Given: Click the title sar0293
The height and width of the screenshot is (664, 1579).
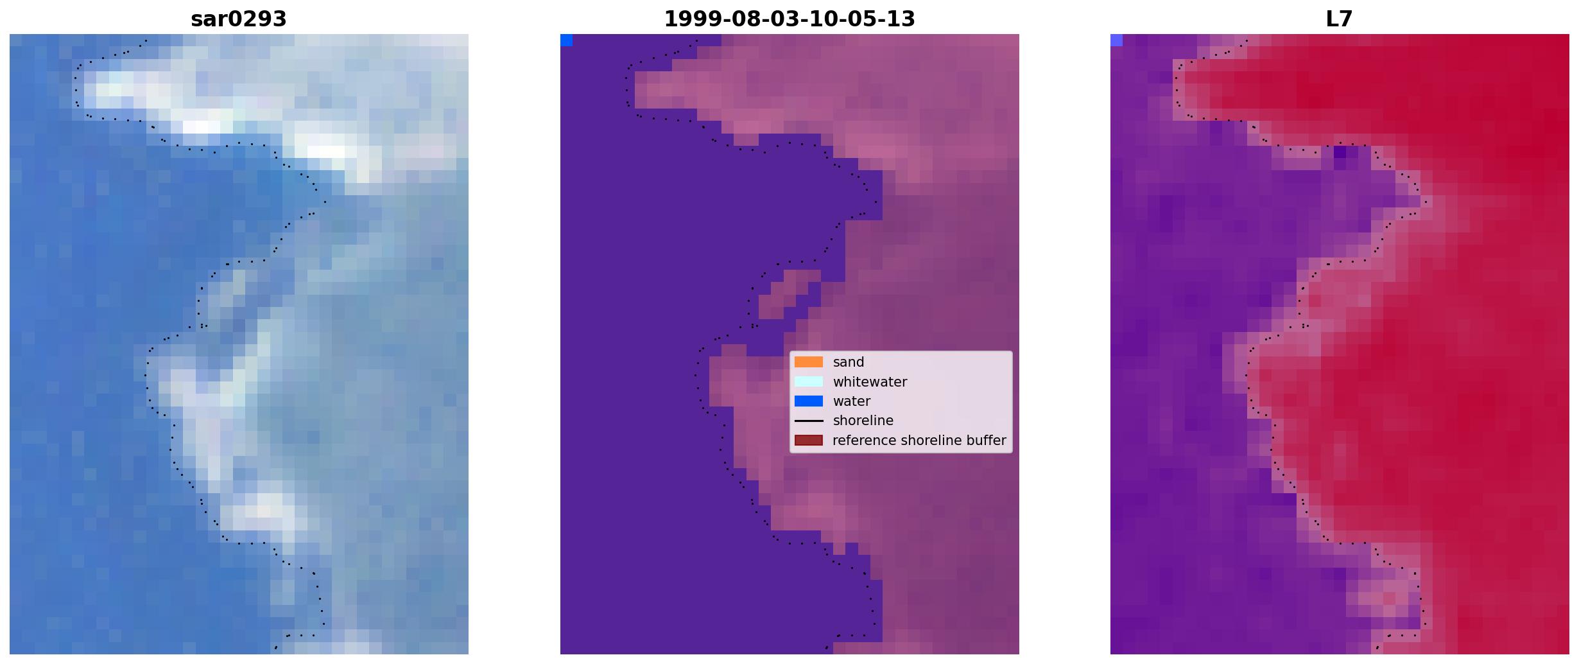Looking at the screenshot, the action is pos(238,19).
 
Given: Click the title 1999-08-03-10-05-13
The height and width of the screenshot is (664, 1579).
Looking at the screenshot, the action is pos(789,19).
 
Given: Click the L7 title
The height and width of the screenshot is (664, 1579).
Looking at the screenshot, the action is pos(1340,19).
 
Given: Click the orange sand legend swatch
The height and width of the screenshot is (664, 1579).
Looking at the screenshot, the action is pos(809,362).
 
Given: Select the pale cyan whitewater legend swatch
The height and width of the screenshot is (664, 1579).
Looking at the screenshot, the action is pos(809,381).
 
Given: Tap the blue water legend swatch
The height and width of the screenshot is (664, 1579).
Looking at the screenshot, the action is pos(809,401).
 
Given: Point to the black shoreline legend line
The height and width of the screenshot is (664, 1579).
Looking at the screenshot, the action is pos(809,421).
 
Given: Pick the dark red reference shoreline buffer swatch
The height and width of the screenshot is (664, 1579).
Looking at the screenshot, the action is pos(809,441).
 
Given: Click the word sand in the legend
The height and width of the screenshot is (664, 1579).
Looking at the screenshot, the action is pos(849,362).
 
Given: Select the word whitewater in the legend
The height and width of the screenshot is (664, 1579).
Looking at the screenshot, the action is pos(870,382).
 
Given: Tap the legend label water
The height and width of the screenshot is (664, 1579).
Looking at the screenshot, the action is pos(852,401).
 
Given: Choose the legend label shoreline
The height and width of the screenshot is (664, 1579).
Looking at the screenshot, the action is pos(863,421).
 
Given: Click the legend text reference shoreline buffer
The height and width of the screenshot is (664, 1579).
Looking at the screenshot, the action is pos(919,441).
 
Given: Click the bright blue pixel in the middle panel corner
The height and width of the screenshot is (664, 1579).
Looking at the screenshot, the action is pos(566,40).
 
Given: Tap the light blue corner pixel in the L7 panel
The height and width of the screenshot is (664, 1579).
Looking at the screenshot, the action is pos(1116,40).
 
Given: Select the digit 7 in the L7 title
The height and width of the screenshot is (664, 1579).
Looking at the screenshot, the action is pos(1347,19).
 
